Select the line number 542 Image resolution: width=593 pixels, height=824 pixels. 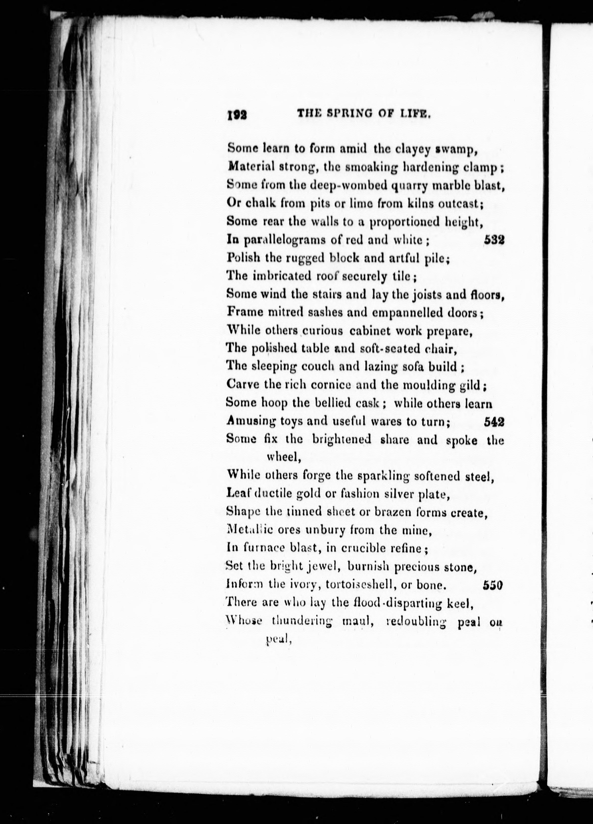click(494, 421)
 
